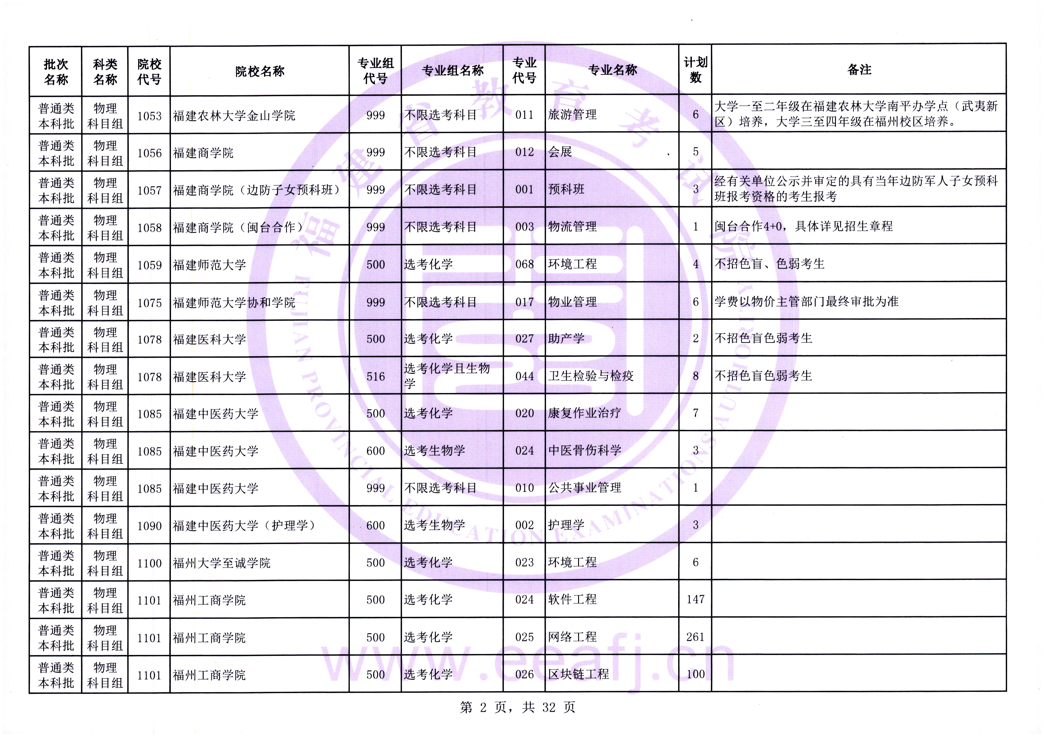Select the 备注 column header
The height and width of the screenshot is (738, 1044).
point(859,70)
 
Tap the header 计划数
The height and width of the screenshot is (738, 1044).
point(695,70)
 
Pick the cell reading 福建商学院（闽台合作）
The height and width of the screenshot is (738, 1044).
point(238,227)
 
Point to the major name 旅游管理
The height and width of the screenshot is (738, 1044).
point(572,115)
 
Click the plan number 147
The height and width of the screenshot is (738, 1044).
point(695,599)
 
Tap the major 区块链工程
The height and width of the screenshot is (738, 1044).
point(578,674)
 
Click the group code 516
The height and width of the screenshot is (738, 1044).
point(376,376)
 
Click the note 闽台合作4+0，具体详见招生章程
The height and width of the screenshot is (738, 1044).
point(803,226)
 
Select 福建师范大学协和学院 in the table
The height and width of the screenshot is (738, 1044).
point(234,302)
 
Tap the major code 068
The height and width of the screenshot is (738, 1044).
point(524,264)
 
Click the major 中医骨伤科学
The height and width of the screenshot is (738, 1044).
point(585,450)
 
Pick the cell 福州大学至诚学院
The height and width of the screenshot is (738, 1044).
point(221,563)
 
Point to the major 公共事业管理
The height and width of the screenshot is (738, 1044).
point(585,488)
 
